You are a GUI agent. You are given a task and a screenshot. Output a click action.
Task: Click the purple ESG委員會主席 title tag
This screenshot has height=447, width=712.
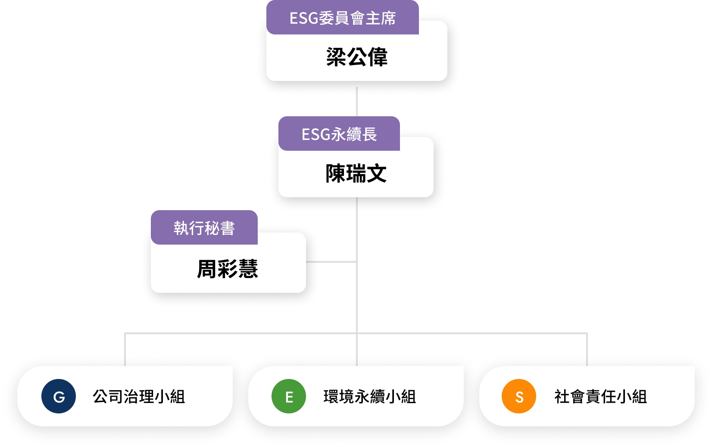coord(342,18)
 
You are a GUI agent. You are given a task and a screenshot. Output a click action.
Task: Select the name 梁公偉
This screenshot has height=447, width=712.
coord(357,57)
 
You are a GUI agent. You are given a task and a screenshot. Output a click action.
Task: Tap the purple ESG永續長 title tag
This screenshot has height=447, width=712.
coord(339,134)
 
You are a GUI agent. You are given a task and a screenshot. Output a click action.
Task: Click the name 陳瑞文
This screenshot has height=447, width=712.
coord(356,174)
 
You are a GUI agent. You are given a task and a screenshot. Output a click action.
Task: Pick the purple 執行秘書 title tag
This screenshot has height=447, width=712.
coord(204,228)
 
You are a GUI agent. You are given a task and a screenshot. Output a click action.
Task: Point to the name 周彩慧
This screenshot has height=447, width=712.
coord(228,269)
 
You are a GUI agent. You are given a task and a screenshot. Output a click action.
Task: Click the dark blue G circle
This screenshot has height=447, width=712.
coord(59,396)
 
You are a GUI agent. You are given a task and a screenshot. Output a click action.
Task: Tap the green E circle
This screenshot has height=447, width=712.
coord(289,396)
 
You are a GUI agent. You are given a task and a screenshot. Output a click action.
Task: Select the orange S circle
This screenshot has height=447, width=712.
coord(519,396)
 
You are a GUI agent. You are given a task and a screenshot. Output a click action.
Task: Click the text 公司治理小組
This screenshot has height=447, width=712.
coord(139,397)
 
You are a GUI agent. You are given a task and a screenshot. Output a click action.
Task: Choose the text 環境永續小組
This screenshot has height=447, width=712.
coord(370,397)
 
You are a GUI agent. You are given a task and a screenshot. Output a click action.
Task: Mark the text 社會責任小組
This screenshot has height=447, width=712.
coord(601,397)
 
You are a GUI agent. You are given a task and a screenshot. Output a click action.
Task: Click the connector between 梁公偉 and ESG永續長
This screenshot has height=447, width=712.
coord(357,101)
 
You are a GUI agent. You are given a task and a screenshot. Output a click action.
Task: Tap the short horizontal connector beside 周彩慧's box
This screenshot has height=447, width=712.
coord(331,262)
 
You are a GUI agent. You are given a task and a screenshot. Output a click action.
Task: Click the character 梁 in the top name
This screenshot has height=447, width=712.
coord(336,57)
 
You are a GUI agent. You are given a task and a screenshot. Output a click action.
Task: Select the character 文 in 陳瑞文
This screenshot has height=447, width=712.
coord(377,174)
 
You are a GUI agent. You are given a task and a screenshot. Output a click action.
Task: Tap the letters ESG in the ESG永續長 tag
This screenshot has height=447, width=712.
coord(315,134)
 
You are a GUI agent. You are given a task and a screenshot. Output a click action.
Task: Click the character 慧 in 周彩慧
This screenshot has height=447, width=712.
coord(248,269)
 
